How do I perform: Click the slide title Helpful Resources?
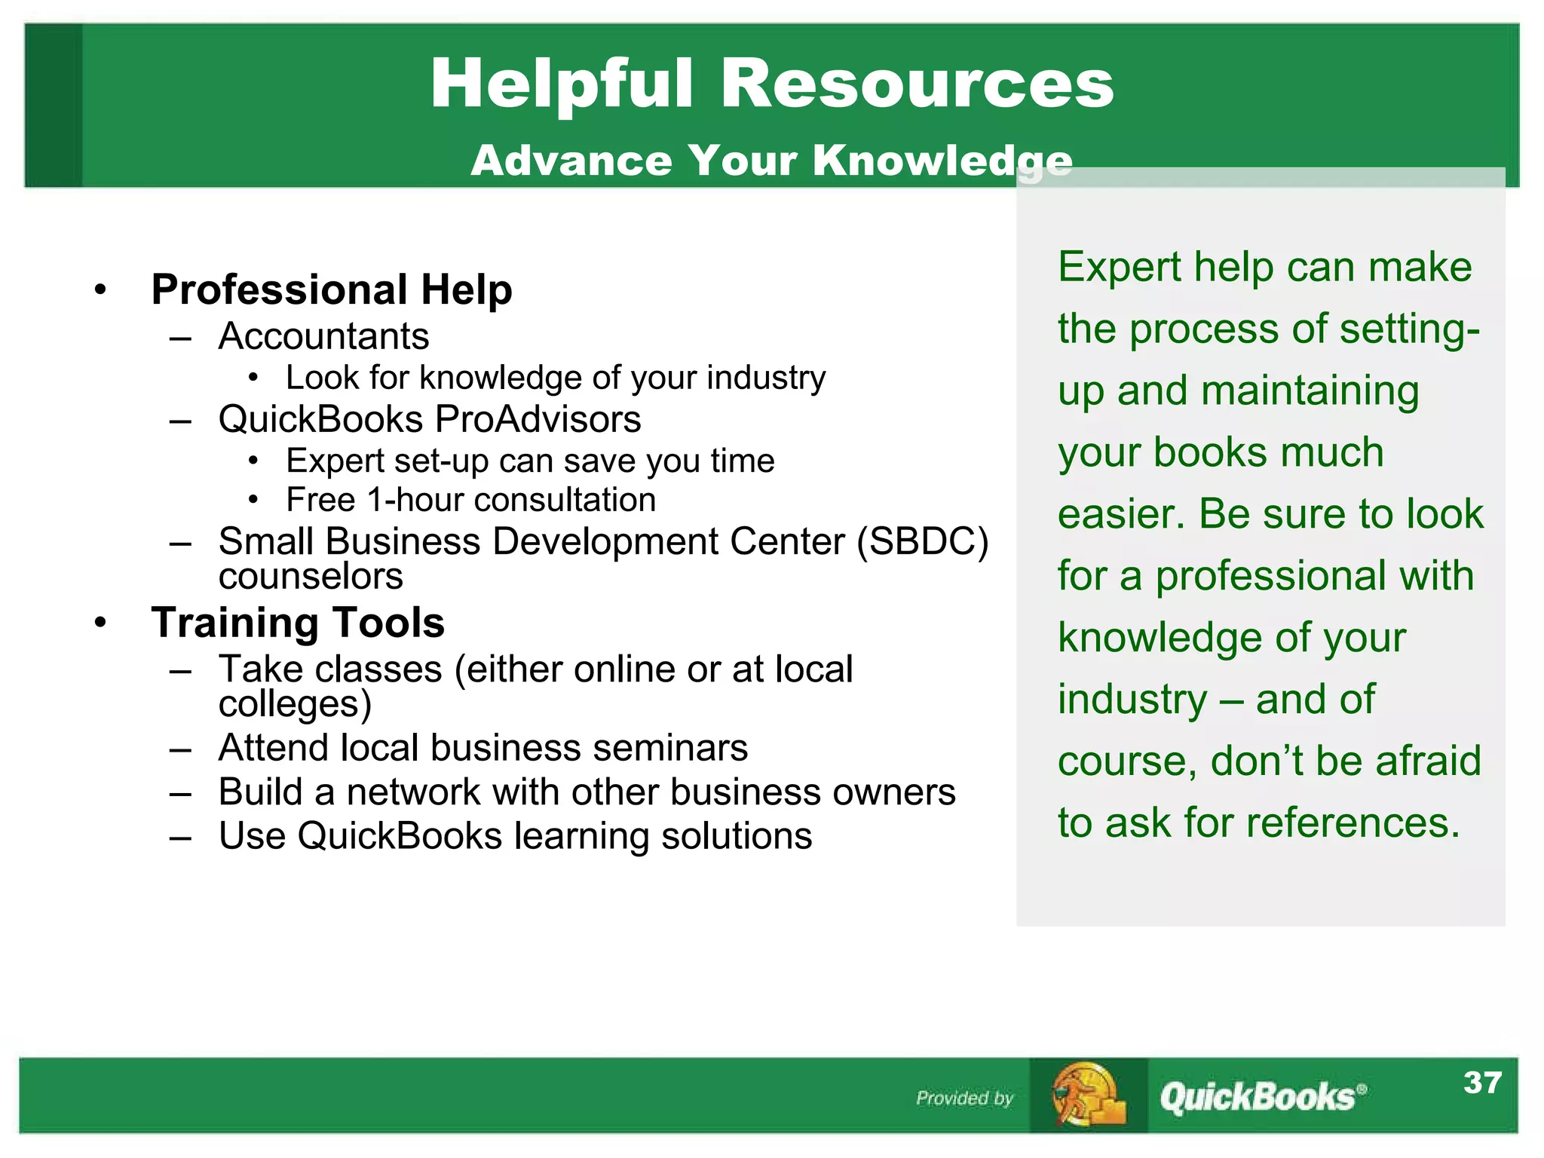click(x=771, y=84)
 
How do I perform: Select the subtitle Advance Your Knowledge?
click(x=771, y=161)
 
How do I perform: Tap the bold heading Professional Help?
click(x=332, y=289)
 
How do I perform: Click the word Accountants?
click(x=323, y=336)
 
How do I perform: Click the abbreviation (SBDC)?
click(x=922, y=541)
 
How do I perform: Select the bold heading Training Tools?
click(x=298, y=623)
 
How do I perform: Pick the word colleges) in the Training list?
click(x=295, y=704)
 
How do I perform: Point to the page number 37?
click(x=1482, y=1083)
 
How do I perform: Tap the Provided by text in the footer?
click(x=964, y=1098)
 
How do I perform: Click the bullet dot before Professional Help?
click(x=101, y=289)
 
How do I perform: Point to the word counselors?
click(x=311, y=577)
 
